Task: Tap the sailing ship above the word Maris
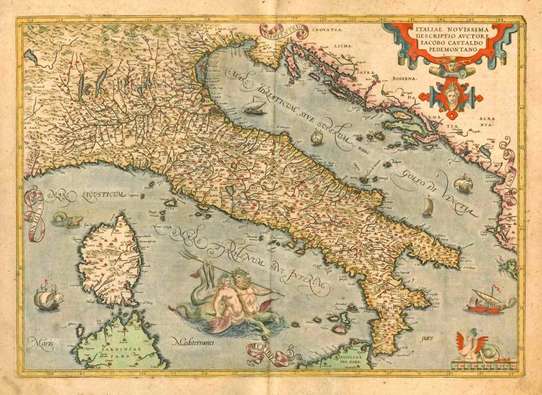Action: click(48, 297)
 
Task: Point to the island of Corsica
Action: click(110, 260)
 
